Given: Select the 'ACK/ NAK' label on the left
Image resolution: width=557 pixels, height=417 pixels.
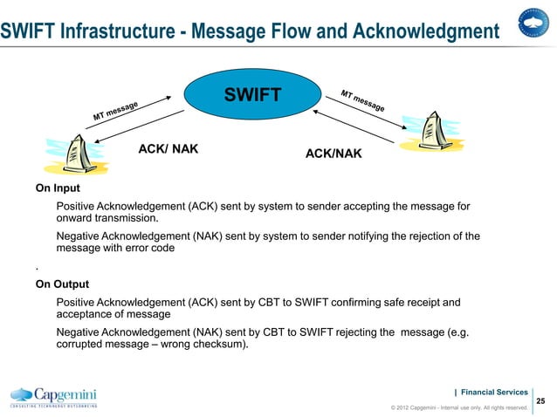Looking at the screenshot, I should coord(168,149).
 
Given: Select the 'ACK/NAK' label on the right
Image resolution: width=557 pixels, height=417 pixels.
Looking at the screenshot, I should coord(333,154).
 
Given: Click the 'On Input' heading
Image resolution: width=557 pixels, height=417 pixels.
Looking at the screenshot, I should coord(58,188).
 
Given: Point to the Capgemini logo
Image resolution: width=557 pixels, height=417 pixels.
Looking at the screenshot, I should coord(53,396).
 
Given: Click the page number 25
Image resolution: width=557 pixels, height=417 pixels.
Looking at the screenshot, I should coord(540,400).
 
